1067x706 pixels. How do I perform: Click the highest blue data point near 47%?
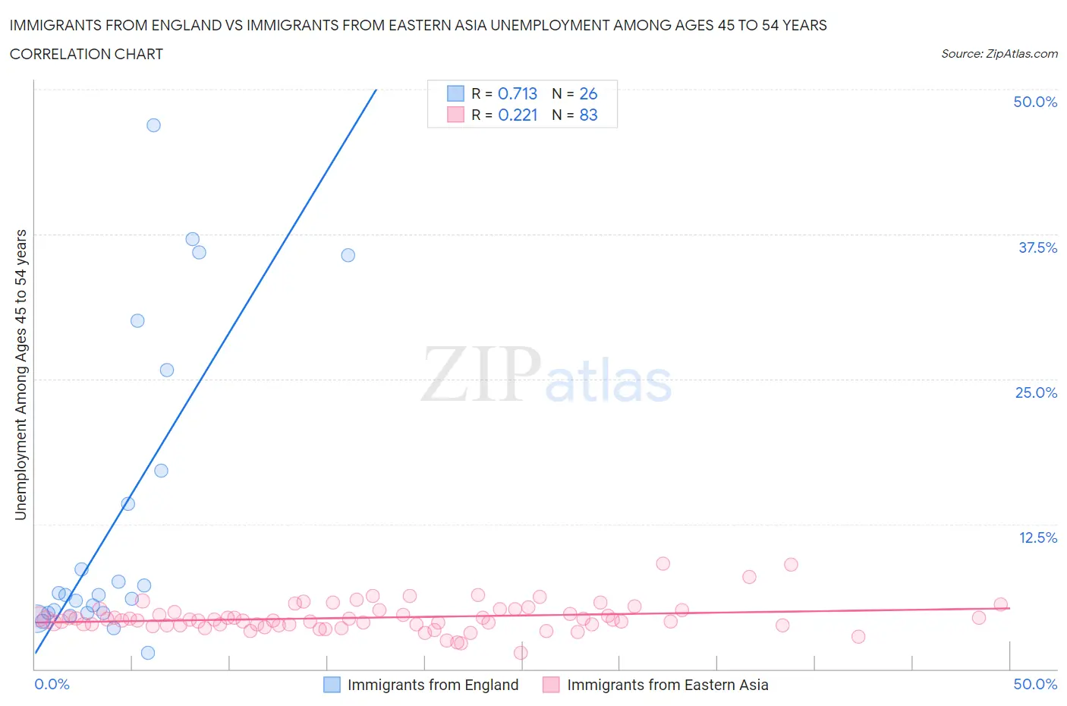coord(153,125)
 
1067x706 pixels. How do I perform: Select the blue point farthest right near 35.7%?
coord(348,255)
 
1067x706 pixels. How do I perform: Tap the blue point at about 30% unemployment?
coord(137,320)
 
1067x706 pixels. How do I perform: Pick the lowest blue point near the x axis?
coord(148,653)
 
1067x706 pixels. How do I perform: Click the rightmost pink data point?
coord(1000,604)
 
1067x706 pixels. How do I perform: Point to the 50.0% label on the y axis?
coord(1035,102)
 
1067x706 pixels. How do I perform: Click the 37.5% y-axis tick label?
coord(1037,247)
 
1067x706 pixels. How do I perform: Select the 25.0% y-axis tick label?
coord(1036,392)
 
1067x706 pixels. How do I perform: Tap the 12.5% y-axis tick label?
coord(1037,537)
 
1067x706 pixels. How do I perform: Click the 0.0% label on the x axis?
coord(52,684)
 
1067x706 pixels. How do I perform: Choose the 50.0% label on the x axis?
coord(1035,684)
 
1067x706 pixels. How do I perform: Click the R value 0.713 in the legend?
coord(518,93)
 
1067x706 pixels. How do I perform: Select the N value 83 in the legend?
coord(588,115)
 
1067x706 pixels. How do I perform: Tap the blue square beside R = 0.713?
coord(455,93)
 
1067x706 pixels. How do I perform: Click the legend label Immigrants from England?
coord(433,685)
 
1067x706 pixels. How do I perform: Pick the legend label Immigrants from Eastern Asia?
coord(667,685)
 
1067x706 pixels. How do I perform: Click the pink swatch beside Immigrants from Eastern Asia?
coord(551,685)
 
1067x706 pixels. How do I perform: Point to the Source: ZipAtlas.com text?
coord(999,54)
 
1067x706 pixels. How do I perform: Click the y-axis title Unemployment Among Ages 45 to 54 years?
coord(20,374)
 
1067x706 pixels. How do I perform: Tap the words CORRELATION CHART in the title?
coord(87,54)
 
